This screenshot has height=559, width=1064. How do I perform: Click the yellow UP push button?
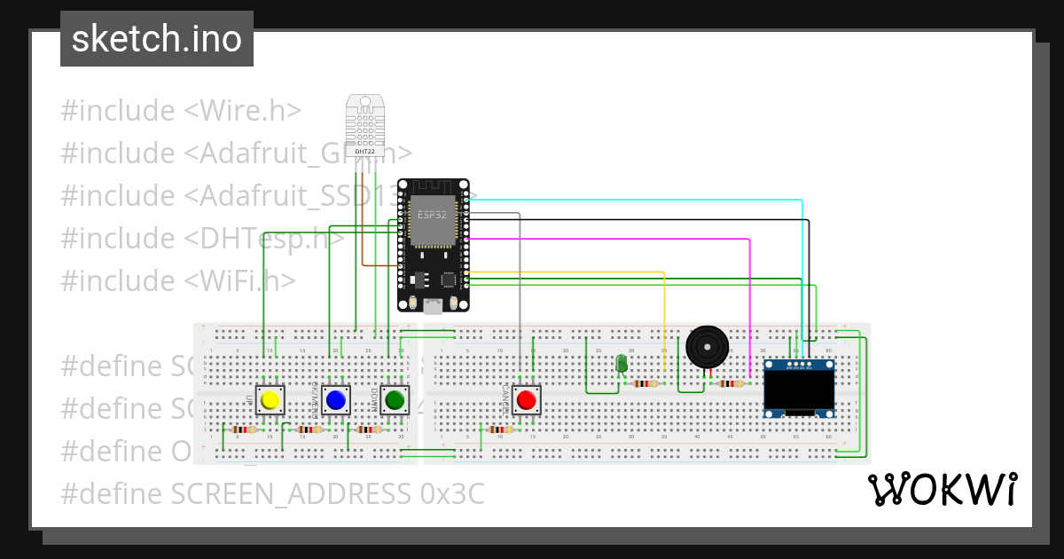[270, 401]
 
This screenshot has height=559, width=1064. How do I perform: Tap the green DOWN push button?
[395, 401]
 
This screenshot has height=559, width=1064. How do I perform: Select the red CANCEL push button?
[527, 400]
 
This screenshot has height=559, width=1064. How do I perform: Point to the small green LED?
[622, 364]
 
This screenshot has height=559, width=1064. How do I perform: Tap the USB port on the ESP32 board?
[433, 306]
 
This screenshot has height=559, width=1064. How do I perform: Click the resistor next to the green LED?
[646, 384]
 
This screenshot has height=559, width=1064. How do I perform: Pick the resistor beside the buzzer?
[731, 384]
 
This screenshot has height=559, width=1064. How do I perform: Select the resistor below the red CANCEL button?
[501, 429]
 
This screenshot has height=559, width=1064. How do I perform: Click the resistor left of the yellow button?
[244, 429]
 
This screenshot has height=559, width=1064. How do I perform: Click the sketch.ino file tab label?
[157, 39]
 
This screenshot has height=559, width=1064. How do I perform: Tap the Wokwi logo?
[942, 489]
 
